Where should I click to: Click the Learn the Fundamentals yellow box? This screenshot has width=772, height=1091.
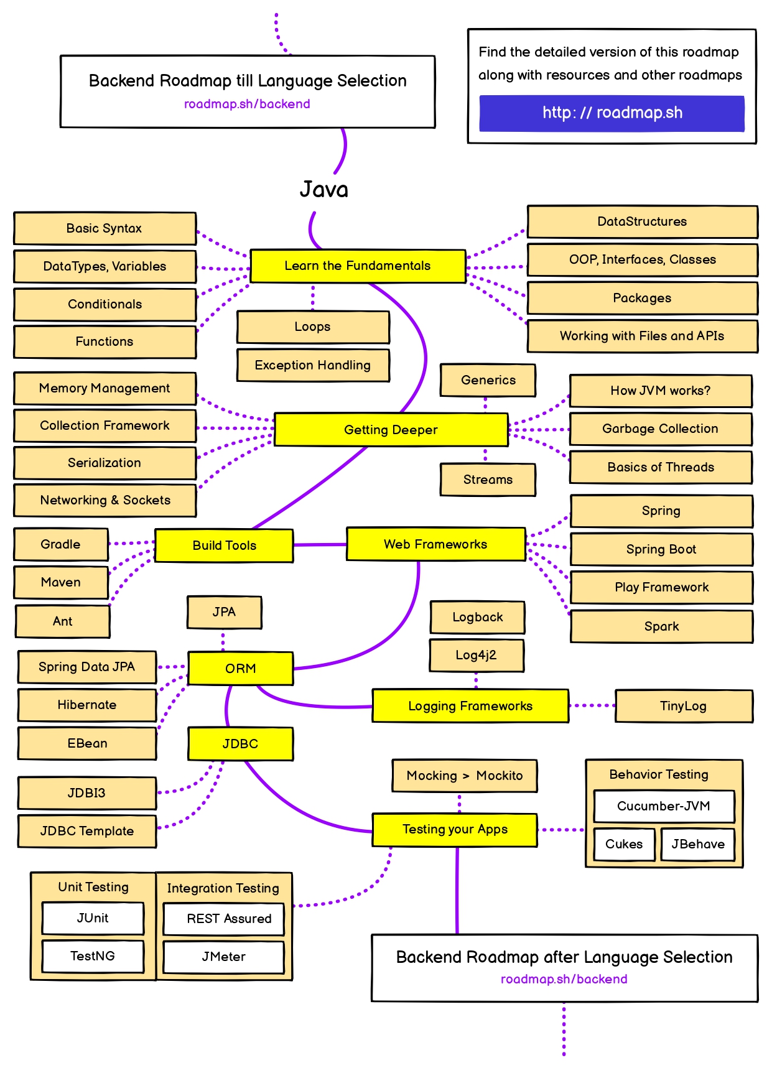point(358,266)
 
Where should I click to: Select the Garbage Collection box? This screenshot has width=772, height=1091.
point(660,429)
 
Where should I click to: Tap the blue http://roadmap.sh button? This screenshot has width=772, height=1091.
point(612,113)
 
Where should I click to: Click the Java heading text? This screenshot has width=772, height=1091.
point(323,189)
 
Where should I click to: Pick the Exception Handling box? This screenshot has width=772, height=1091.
point(313,365)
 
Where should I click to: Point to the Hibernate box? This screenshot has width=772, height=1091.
point(87,705)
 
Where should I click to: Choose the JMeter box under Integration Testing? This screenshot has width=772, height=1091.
point(223,957)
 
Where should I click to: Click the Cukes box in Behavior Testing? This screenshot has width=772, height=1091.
point(624,844)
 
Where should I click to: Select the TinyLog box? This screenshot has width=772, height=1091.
point(683,706)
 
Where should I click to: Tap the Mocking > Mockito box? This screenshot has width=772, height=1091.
point(464,776)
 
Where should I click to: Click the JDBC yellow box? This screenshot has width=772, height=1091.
point(240,744)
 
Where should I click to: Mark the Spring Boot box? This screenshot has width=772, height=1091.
point(661,549)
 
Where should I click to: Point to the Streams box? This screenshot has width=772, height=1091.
point(488,480)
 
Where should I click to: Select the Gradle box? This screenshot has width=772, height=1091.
point(60,544)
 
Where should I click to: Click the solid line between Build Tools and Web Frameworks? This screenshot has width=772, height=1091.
point(320,545)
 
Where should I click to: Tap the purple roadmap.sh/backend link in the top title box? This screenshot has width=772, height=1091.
point(247,104)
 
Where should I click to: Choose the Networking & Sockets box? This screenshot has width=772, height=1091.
point(105,500)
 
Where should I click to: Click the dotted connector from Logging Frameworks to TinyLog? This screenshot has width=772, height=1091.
point(592,705)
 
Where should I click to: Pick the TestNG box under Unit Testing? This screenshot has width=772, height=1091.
point(93,956)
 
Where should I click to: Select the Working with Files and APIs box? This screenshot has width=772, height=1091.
point(642,336)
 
